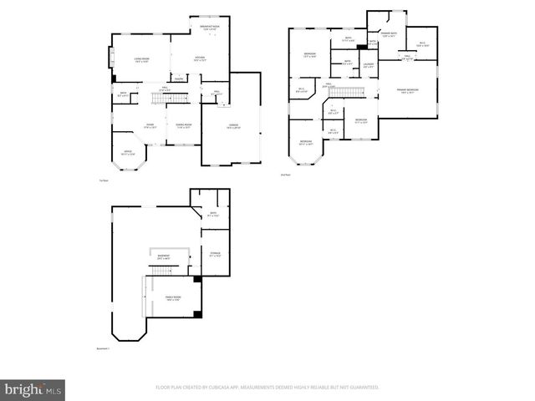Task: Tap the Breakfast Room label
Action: pos(210,28)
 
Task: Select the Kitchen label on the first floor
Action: pos(201,59)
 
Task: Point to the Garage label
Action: pos(234,125)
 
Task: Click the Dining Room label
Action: pos(183,125)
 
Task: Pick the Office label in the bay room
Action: pos(128,153)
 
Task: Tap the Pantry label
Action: pos(179,79)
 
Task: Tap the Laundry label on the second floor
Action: pos(369,66)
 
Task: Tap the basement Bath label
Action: pos(212,214)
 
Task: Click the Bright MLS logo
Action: pos(33,388)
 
